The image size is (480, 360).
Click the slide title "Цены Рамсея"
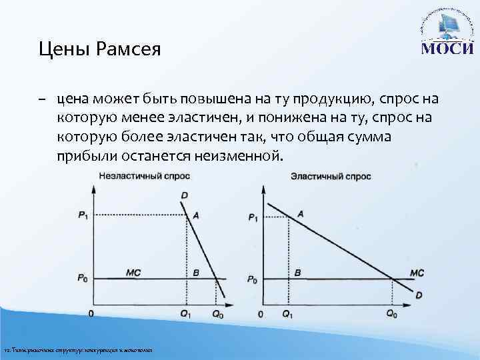[x=99, y=49]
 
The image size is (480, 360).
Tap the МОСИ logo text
[x=446, y=49]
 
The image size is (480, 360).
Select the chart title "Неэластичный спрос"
[x=144, y=177]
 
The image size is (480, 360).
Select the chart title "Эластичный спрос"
[x=331, y=177]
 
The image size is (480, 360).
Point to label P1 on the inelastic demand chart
[x=82, y=215]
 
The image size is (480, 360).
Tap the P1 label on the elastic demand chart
[x=253, y=217]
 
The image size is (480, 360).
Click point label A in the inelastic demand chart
[x=195, y=215]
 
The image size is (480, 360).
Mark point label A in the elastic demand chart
[x=301, y=213]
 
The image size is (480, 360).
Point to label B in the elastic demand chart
[x=297, y=273]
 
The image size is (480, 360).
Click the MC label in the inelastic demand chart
[x=133, y=272]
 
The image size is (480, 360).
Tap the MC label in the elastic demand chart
[x=417, y=273]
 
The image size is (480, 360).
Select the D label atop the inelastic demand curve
[x=183, y=194]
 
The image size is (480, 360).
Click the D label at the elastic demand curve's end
[x=419, y=295]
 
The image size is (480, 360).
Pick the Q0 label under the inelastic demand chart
[x=218, y=313]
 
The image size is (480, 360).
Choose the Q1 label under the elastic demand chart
[x=287, y=313]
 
